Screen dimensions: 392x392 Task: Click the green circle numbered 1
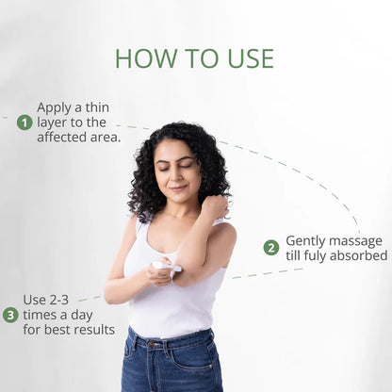(x=24, y=122)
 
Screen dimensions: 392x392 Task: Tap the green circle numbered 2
(x=271, y=248)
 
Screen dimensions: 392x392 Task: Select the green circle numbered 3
(x=10, y=315)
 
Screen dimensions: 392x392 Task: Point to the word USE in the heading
(x=248, y=58)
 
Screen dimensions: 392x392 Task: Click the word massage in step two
(x=361, y=240)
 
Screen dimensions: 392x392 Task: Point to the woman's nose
(x=176, y=176)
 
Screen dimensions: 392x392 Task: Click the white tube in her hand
(x=169, y=269)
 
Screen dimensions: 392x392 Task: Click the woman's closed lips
(x=177, y=188)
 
